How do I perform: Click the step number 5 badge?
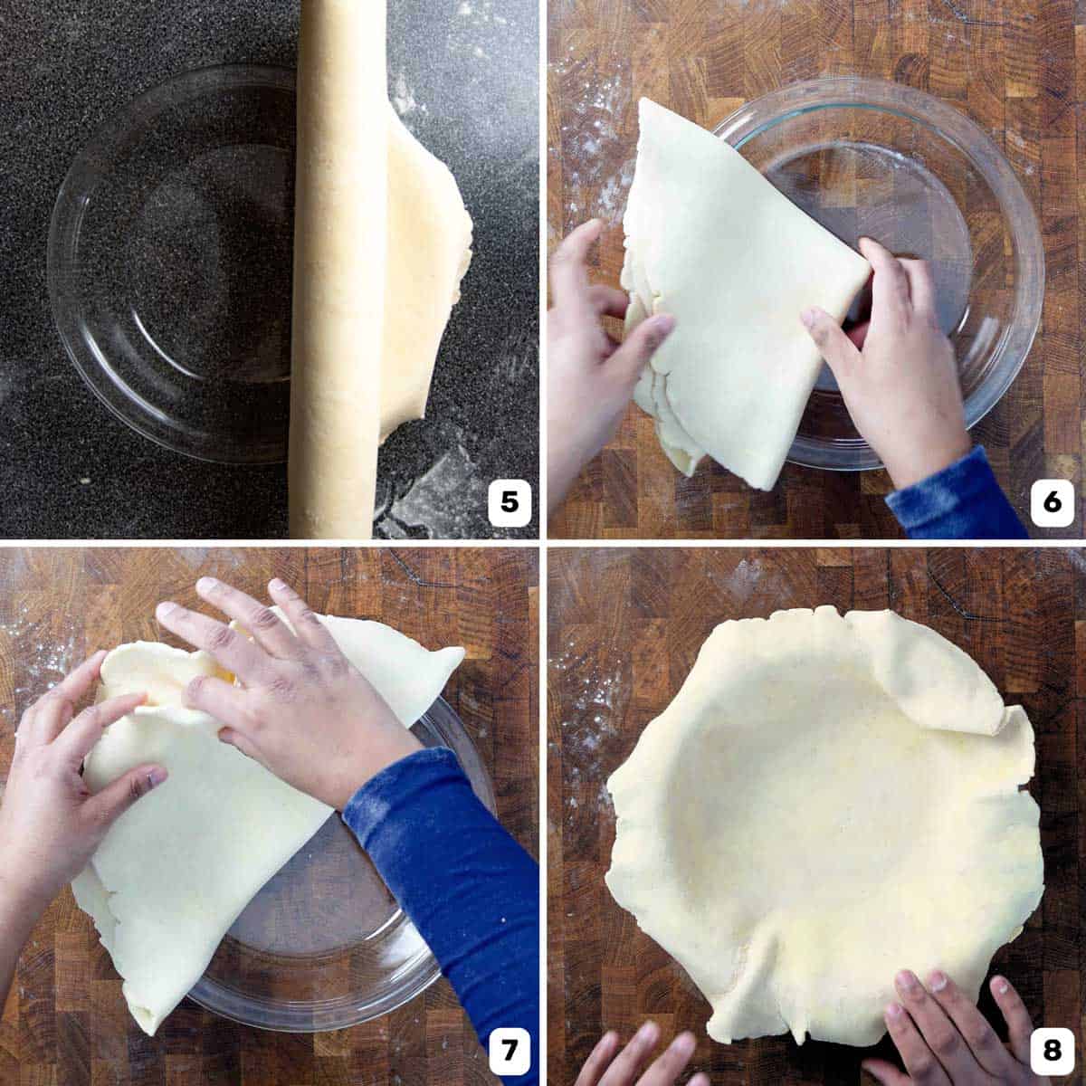[510, 500]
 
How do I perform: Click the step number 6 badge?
[1052, 500]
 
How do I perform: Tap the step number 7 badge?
[510, 1050]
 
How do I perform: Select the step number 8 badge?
[1052, 1050]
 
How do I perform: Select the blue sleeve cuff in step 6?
[950, 498]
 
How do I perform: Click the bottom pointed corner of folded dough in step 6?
[751, 480]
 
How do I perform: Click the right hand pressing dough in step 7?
[290, 688]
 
